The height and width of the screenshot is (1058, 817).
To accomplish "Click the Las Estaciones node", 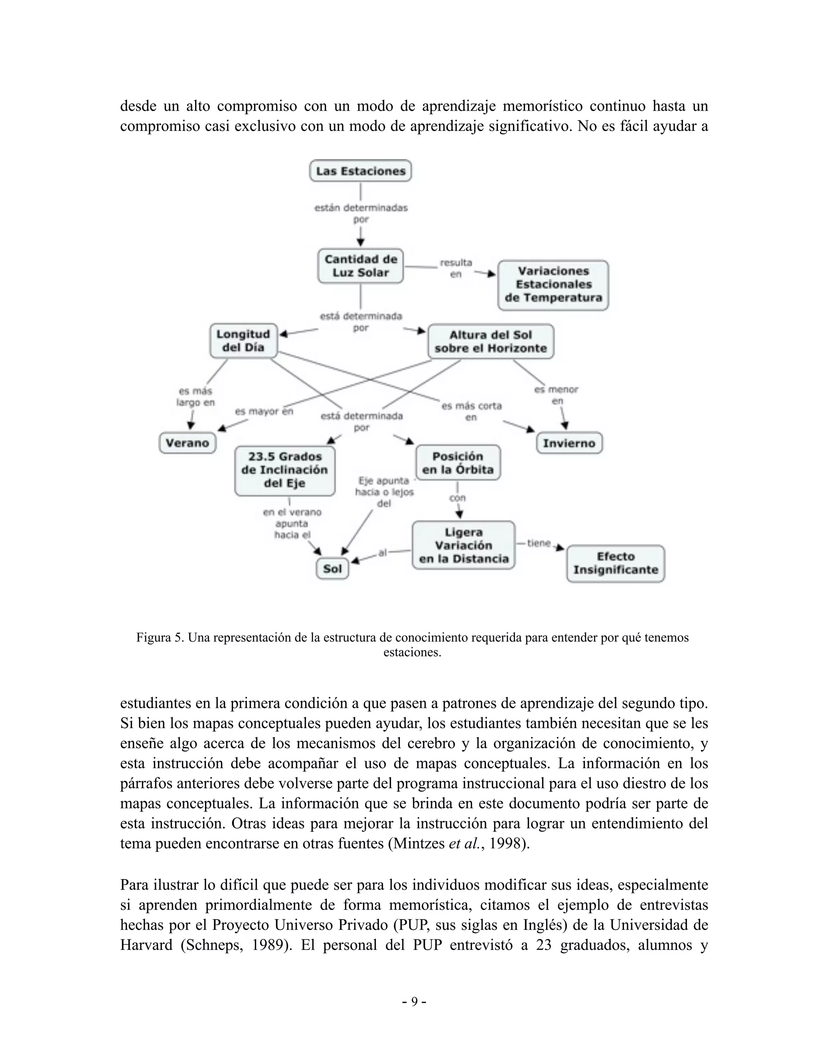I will [360, 171].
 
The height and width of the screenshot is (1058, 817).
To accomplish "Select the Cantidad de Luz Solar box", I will [360, 266].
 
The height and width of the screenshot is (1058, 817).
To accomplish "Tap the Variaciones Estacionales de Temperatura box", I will [553, 285].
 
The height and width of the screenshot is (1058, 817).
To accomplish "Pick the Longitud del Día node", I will [243, 341].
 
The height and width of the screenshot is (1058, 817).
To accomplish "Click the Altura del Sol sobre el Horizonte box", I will [490, 341].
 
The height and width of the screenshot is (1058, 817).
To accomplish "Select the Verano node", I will [187, 443].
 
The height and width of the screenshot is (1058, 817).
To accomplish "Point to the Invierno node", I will [569, 443].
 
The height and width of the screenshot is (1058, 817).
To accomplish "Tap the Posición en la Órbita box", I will [458, 463].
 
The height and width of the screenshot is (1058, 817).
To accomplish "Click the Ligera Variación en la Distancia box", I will [463, 545].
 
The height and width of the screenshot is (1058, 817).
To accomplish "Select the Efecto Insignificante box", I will [615, 563].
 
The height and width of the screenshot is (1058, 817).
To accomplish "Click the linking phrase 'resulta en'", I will [456, 268].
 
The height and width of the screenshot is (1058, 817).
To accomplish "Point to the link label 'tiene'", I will [539, 543].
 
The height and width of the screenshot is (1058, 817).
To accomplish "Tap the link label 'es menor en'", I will [557, 395].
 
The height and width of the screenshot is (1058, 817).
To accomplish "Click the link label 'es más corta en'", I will [471, 411].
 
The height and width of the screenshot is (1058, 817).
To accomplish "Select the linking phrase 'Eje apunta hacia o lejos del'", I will [384, 492].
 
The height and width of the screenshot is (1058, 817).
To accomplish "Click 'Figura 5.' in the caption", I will [160, 638].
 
